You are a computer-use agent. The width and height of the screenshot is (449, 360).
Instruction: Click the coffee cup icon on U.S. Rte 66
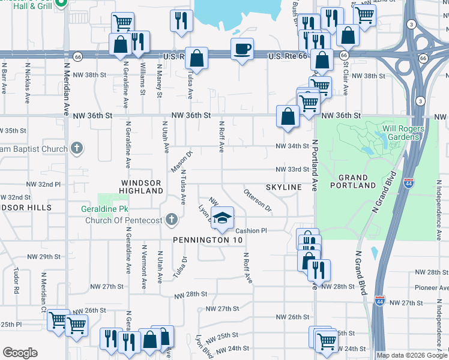[242, 49]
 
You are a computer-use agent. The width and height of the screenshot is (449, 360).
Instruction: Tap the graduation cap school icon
[222, 218]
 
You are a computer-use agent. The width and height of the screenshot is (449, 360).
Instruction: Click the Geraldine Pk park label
[105, 210]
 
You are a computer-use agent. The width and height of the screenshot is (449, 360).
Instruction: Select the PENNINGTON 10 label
[208, 240]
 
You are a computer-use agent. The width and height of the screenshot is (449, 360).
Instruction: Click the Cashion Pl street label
[251, 230]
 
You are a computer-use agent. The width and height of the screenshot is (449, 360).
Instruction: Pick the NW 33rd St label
[292, 169]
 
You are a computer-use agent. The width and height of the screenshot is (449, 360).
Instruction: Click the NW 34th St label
[292, 146]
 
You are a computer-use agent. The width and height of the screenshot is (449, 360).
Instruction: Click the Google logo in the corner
[19, 353]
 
